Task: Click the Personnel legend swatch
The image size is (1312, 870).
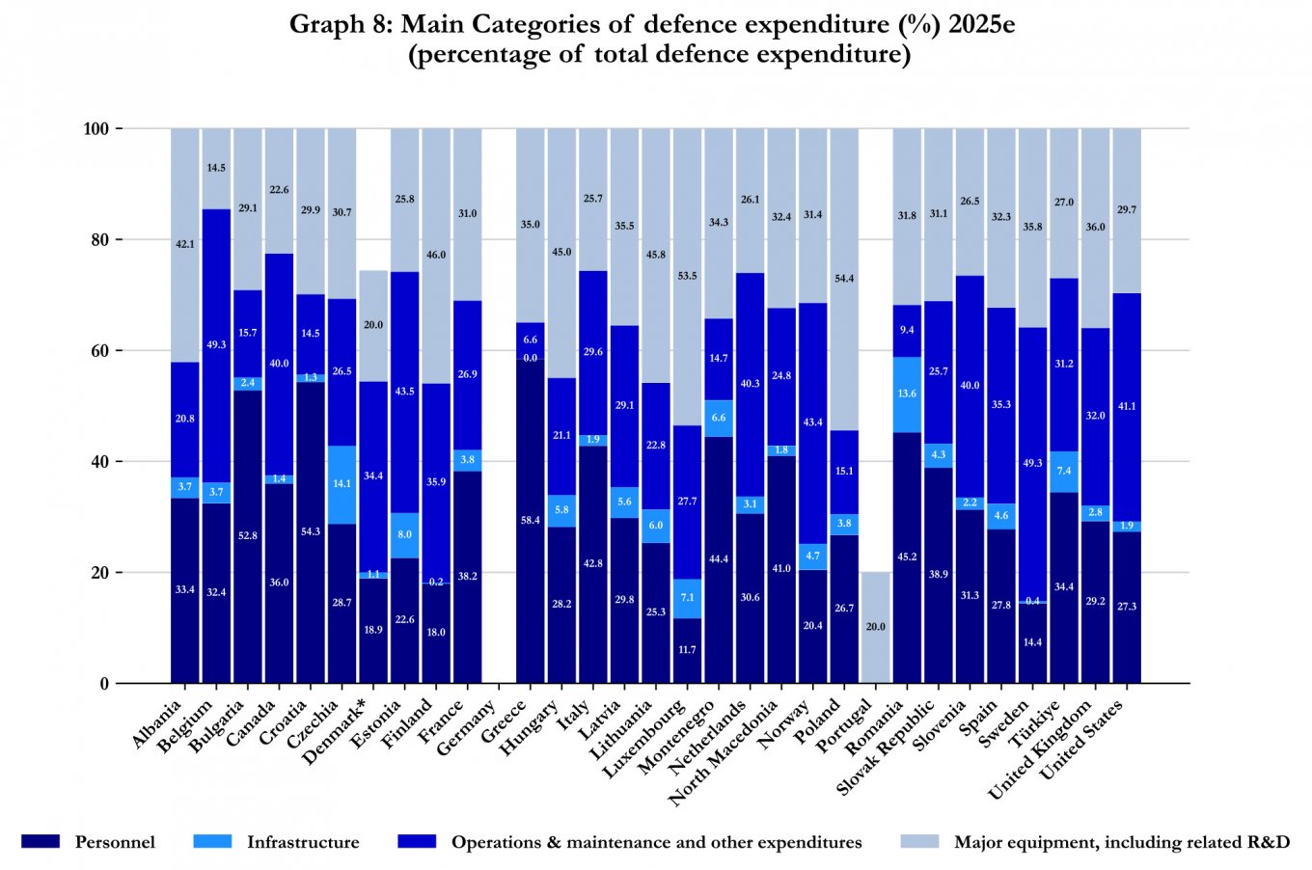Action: (x=40, y=842)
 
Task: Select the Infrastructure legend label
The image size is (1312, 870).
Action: (x=303, y=842)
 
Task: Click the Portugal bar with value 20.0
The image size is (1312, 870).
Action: (x=875, y=627)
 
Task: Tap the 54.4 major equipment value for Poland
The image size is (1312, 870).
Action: (x=844, y=279)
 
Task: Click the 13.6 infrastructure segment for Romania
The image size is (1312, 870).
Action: (x=907, y=394)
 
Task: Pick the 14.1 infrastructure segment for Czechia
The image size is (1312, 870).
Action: (x=342, y=484)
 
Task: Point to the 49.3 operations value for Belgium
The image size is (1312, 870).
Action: (x=216, y=344)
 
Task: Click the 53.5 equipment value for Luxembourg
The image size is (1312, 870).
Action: (x=687, y=276)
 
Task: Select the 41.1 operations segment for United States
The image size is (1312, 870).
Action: (x=1127, y=406)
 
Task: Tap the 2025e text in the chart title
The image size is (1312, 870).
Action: (x=981, y=24)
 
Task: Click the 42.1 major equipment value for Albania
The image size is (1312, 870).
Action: (x=185, y=244)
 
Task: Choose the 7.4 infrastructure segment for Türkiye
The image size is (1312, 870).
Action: (x=1064, y=471)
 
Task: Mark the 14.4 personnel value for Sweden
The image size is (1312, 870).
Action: (x=1032, y=642)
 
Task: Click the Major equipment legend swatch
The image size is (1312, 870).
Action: (x=918, y=842)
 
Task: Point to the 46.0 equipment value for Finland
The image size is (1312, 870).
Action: (x=436, y=255)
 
